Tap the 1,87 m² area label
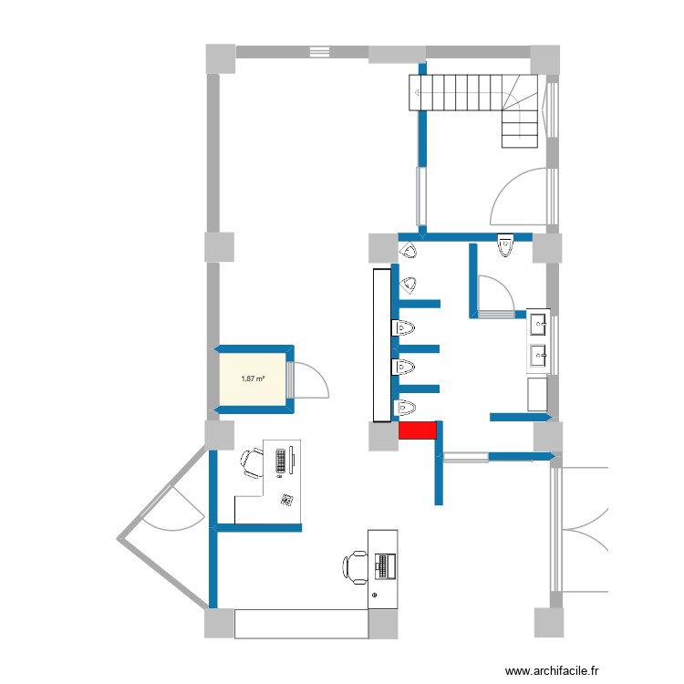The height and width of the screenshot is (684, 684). [x=253, y=378]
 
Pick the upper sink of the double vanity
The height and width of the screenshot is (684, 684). [x=539, y=323]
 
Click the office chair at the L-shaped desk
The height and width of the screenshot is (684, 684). [x=251, y=461]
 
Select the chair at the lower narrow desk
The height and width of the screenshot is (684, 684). [x=355, y=566]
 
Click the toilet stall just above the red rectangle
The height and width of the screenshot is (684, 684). [x=406, y=405]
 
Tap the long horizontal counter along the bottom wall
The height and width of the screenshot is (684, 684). [x=301, y=624]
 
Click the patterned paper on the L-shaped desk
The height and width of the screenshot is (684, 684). [x=287, y=499]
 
